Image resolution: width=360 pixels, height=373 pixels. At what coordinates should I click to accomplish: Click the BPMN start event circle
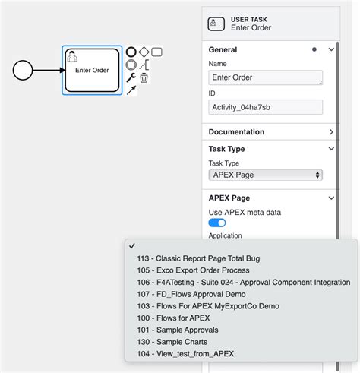24,71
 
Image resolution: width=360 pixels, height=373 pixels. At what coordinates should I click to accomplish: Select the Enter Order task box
91,70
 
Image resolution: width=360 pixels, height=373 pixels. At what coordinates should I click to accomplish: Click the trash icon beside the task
144,77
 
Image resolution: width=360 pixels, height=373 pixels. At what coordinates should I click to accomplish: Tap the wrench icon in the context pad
131,77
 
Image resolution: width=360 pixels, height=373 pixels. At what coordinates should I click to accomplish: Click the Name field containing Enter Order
265,77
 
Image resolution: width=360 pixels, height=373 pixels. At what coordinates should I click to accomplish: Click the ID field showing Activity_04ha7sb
265,107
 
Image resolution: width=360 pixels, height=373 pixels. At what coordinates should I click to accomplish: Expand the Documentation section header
271,131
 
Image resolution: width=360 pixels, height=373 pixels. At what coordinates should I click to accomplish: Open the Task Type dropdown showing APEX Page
265,175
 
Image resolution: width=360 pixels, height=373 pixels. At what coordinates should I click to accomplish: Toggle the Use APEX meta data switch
217,223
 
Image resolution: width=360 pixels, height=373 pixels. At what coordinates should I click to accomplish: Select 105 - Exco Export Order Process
192,270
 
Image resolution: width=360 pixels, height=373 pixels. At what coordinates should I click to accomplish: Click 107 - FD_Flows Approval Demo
191,294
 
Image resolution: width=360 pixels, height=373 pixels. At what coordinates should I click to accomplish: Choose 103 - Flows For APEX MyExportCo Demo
207,306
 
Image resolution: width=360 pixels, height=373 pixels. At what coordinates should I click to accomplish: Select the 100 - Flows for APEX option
172,318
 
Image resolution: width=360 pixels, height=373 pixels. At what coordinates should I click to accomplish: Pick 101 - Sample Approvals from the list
177,330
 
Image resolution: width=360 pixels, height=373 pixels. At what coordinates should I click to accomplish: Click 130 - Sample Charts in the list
172,342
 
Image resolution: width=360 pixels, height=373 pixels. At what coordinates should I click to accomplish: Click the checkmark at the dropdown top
132,246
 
